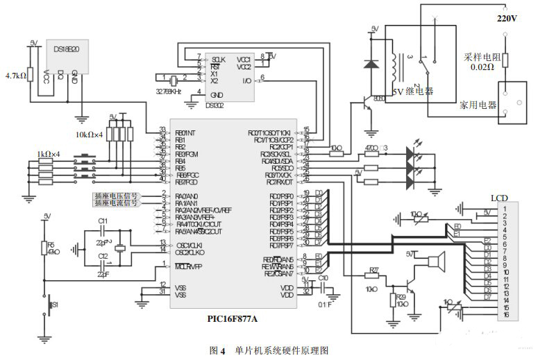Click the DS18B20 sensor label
[66, 50]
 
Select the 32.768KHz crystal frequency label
[168, 92]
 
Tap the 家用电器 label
[478, 105]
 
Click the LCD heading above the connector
[499, 198]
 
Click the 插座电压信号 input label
[116, 196]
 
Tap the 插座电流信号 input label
[116, 203]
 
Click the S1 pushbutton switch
[49, 304]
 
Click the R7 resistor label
[373, 271]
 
